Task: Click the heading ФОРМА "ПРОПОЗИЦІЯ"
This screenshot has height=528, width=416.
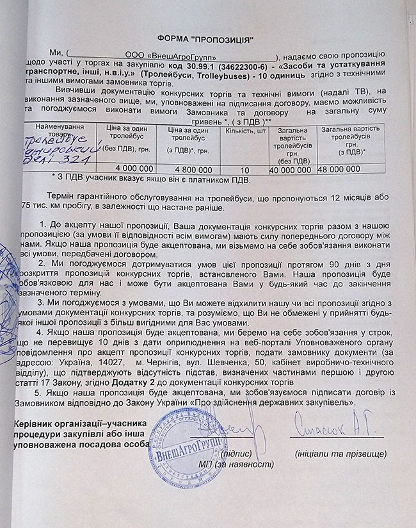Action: (207, 38)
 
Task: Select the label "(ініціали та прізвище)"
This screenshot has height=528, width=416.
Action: (341, 454)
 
